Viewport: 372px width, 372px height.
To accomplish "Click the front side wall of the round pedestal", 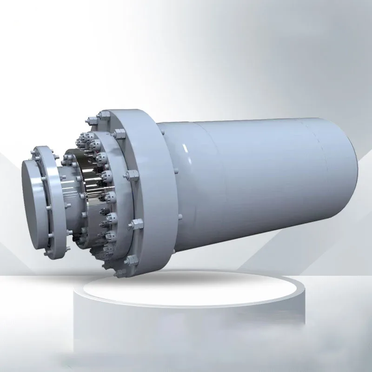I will coord(186,325).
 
